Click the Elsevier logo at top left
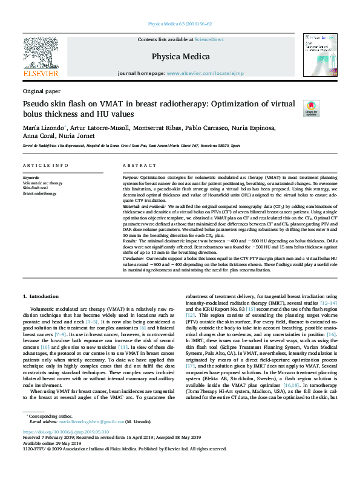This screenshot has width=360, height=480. click(41, 57)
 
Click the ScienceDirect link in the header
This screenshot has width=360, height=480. click(209, 40)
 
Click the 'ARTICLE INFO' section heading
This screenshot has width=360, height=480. click(45, 165)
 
